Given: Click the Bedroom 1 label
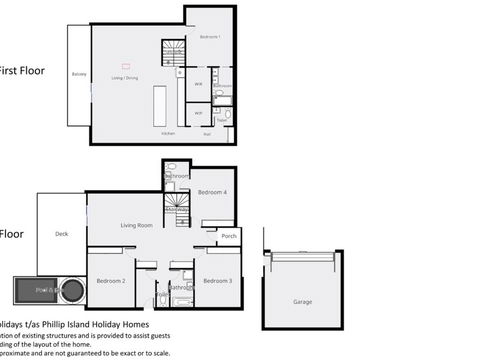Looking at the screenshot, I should [x=208, y=36].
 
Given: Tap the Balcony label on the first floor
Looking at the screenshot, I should [x=78, y=74].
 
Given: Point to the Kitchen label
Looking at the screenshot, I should [x=168, y=132].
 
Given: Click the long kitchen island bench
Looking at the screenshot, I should [x=158, y=104].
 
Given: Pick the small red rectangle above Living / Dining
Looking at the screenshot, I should [x=126, y=66].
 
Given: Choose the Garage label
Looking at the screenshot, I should [x=302, y=301].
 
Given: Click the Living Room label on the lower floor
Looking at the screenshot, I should [x=136, y=225].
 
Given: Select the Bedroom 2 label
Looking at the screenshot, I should [x=110, y=281].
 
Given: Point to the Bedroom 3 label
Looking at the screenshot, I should [x=217, y=281].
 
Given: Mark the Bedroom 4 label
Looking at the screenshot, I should [x=212, y=191].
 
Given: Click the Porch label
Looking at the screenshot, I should [x=229, y=236].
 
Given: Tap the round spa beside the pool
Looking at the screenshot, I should [x=71, y=291].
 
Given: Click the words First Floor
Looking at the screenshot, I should [x=22, y=70].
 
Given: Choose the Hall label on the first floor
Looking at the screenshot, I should [x=207, y=132].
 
